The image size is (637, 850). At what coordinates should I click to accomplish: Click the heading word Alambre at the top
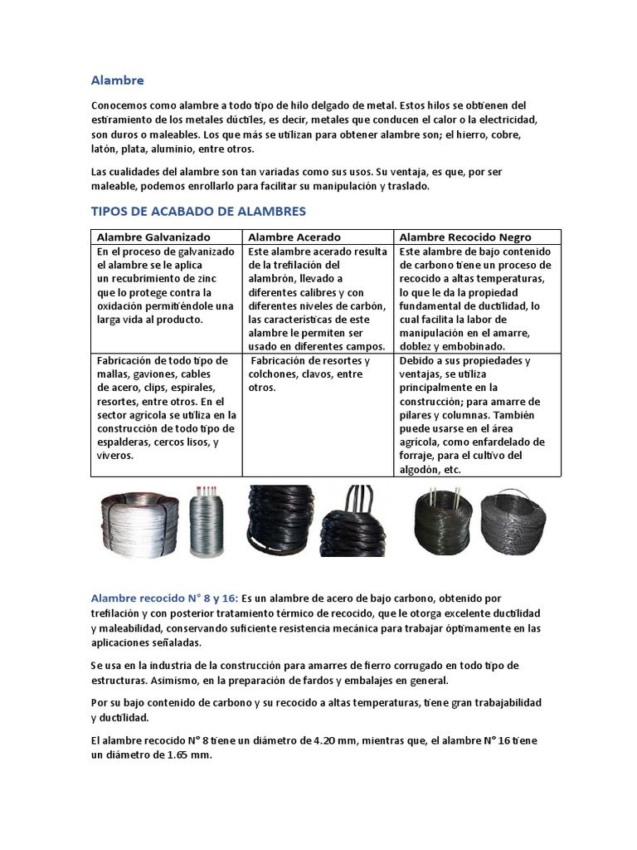click(x=117, y=81)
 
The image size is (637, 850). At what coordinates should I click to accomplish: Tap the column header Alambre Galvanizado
click(x=153, y=237)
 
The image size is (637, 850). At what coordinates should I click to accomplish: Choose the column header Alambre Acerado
click(x=294, y=237)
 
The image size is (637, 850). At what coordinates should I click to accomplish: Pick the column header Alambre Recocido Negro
click(x=465, y=237)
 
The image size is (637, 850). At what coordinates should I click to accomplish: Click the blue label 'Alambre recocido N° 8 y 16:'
click(x=163, y=598)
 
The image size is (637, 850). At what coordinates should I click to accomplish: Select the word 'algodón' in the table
click(x=419, y=469)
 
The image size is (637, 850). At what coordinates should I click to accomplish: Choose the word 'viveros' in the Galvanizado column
click(x=115, y=456)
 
